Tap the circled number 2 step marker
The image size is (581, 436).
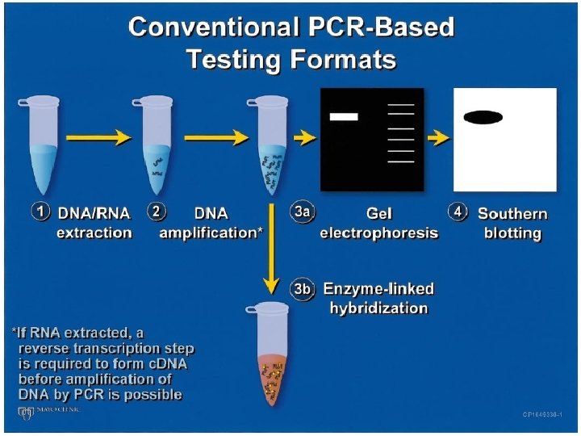coord(157,212)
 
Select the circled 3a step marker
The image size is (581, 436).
coord(301,212)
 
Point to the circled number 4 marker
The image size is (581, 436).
coord(458,212)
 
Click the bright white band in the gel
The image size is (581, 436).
coord(344,117)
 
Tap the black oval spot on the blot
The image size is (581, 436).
coord(483,117)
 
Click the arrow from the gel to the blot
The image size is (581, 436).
coord(438,138)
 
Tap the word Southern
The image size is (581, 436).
coord(512,214)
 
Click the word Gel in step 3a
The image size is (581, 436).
coord(378,214)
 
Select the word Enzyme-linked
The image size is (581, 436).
coord(378,289)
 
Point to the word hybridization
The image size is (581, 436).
coord(378,308)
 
